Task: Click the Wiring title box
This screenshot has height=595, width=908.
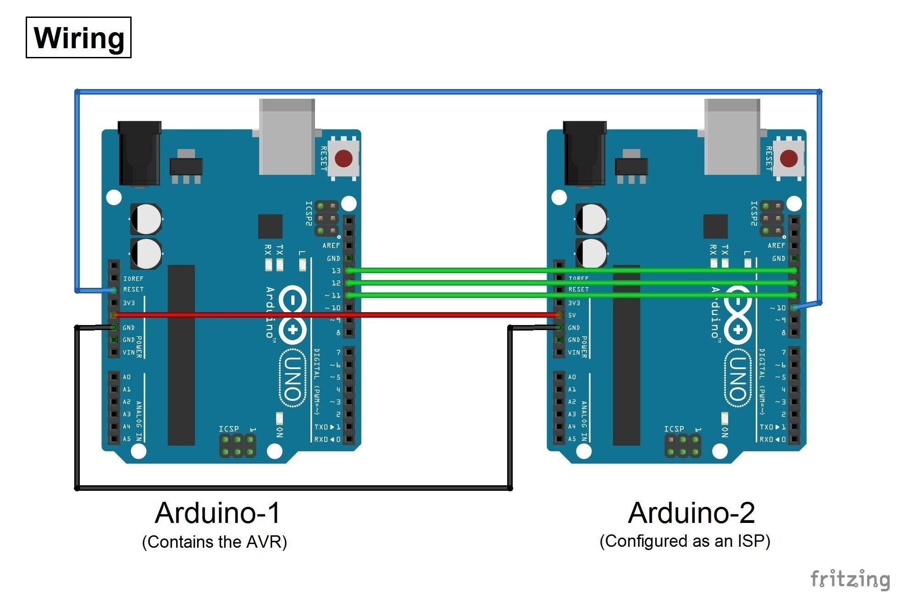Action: tap(78, 38)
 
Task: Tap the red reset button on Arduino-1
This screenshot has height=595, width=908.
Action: tap(343, 159)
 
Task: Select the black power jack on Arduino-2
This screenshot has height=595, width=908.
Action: tap(585, 154)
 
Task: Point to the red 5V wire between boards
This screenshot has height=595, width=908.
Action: tap(335, 315)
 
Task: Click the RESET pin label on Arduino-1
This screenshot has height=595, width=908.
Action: tap(133, 290)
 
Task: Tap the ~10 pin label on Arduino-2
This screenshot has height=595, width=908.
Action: tap(778, 308)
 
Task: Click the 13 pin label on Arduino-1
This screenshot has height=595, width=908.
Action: tap(336, 271)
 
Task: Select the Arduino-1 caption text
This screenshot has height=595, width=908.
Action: tap(217, 513)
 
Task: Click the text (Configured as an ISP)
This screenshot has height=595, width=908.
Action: tap(685, 541)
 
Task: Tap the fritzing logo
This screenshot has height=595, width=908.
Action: tap(850, 579)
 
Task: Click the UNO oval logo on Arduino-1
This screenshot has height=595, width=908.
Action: tap(293, 378)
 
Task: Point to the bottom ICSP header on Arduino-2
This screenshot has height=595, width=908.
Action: tap(683, 446)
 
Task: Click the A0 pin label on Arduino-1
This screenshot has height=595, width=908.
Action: tap(127, 377)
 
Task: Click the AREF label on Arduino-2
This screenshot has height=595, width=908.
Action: tap(776, 246)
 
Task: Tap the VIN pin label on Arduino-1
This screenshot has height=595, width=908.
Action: tap(128, 353)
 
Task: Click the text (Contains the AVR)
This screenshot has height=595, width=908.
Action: tap(215, 542)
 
